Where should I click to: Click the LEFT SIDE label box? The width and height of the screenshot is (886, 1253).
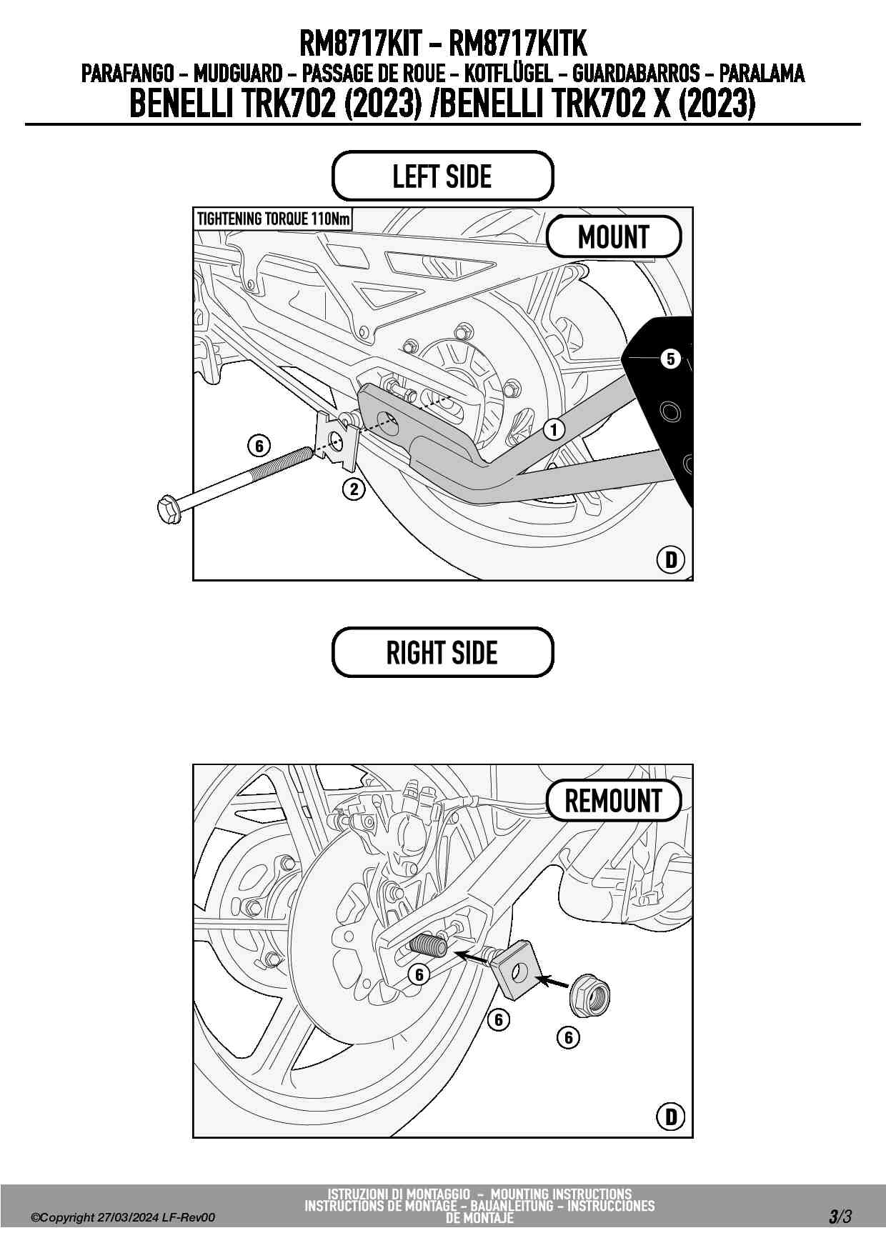click(442, 176)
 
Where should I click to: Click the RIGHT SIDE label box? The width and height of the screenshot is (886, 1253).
click(442, 652)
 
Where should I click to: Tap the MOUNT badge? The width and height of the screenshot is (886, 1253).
click(614, 236)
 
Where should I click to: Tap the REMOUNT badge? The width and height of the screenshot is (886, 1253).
click(614, 801)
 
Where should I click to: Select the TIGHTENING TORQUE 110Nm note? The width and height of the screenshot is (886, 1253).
click(273, 219)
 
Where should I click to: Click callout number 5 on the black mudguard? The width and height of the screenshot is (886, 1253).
click(670, 358)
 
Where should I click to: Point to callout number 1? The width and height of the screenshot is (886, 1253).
click(554, 429)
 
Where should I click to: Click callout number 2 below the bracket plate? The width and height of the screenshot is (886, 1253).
click(354, 489)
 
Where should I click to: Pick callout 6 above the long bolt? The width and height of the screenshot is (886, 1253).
click(259, 446)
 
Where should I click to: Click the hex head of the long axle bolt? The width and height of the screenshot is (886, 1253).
click(169, 509)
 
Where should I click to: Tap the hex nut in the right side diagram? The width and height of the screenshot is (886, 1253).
click(589, 994)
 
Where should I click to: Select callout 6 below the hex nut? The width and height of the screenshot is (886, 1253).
click(568, 1037)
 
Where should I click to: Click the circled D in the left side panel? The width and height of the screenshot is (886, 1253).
click(670, 559)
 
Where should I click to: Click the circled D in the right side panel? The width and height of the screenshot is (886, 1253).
click(670, 1116)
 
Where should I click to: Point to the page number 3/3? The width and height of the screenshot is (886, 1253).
click(840, 1216)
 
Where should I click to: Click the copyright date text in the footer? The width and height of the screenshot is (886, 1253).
click(122, 1217)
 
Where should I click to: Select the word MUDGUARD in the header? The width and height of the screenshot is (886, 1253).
click(237, 74)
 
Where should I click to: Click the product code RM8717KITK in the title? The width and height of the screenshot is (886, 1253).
click(517, 44)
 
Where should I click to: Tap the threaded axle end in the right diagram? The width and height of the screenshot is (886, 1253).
click(427, 947)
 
